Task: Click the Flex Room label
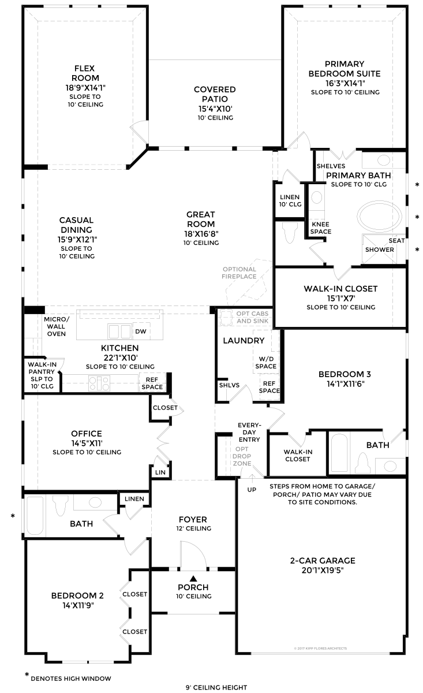pyautogui.click(x=85, y=73)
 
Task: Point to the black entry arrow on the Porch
pyautogui.click(x=193, y=578)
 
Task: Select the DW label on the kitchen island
pyautogui.click(x=141, y=331)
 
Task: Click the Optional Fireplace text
pyautogui.click(x=239, y=273)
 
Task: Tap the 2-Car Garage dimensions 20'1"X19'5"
pyautogui.click(x=323, y=570)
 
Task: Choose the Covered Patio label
pyautogui.click(x=215, y=94)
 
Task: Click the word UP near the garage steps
pyautogui.click(x=252, y=490)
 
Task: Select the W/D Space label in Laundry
pyautogui.click(x=266, y=363)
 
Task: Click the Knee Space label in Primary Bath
pyautogui.click(x=321, y=228)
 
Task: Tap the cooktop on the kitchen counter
pyautogui.click(x=99, y=383)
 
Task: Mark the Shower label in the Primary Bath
pyautogui.click(x=380, y=249)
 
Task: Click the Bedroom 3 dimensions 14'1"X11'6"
pyautogui.click(x=346, y=384)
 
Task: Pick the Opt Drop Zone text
pyautogui.click(x=242, y=456)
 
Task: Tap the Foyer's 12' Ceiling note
pyautogui.click(x=194, y=528)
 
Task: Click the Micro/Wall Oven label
pyautogui.click(x=57, y=326)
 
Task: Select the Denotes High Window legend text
pyautogui.click(x=71, y=679)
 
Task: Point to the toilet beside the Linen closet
pyautogui.click(x=290, y=233)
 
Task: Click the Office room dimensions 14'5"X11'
pyautogui.click(x=87, y=443)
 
